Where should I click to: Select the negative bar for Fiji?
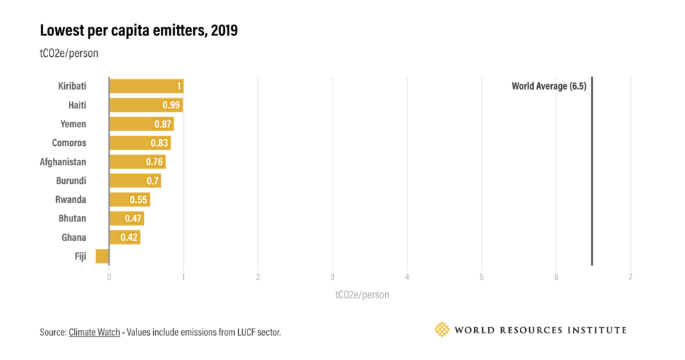[x=102, y=256]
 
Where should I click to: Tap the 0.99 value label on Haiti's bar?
[x=172, y=105]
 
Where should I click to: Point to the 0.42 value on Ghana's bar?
[x=129, y=238]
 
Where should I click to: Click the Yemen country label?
[x=74, y=124]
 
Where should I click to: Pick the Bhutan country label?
[x=72, y=218]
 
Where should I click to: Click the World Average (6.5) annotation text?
[x=549, y=86]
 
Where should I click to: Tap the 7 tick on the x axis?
[x=630, y=276]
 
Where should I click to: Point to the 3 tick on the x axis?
[x=332, y=276]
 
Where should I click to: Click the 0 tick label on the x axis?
[x=109, y=276]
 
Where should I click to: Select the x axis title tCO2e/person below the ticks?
[x=361, y=294]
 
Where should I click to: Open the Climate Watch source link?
[x=94, y=332]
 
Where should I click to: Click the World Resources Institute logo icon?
[x=442, y=329]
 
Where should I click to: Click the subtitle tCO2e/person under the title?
[x=69, y=54]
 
